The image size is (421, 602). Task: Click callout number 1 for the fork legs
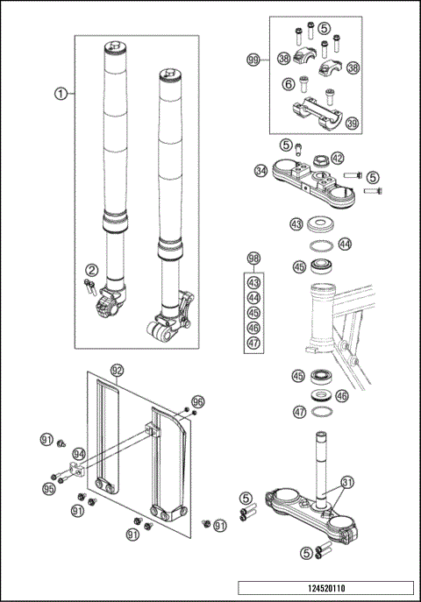click(60, 93)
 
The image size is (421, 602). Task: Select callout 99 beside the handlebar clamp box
click(253, 60)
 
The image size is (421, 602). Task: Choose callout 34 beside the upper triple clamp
click(260, 170)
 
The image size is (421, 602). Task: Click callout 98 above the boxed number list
click(253, 259)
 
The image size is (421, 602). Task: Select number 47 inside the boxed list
click(253, 343)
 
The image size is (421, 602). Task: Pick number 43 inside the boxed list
click(253, 283)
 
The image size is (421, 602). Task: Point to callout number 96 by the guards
click(197, 401)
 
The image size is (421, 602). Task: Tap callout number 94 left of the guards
click(79, 454)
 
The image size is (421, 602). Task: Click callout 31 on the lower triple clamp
click(348, 481)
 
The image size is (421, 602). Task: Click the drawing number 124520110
click(325, 588)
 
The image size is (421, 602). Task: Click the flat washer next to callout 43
click(324, 224)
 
